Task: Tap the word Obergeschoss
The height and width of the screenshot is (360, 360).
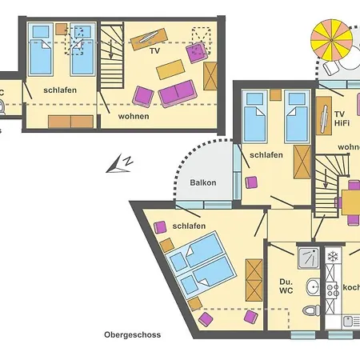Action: coord(132,335)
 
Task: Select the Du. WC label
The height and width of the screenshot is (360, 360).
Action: coord(286,286)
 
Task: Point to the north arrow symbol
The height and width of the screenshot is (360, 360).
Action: coord(121,164)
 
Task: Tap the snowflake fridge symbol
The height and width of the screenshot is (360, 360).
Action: coord(332,257)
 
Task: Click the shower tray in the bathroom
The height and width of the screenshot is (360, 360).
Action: coord(308,257)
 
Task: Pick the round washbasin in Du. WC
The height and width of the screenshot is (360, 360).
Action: coord(310,286)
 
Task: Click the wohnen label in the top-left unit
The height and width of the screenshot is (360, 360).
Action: coord(134,115)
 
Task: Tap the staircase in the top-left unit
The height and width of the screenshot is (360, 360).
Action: coord(112,55)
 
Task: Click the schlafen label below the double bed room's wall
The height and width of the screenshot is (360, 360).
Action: coord(189,226)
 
